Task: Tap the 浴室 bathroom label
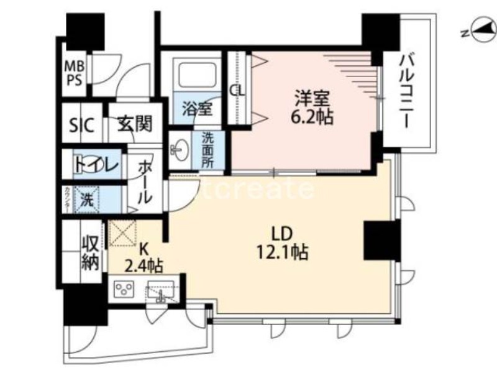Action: coord(197,108)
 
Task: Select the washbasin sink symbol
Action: coord(181,149)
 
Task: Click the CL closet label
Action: coord(237,90)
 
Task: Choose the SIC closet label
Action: coord(81,126)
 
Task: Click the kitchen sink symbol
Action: coord(160,290)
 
